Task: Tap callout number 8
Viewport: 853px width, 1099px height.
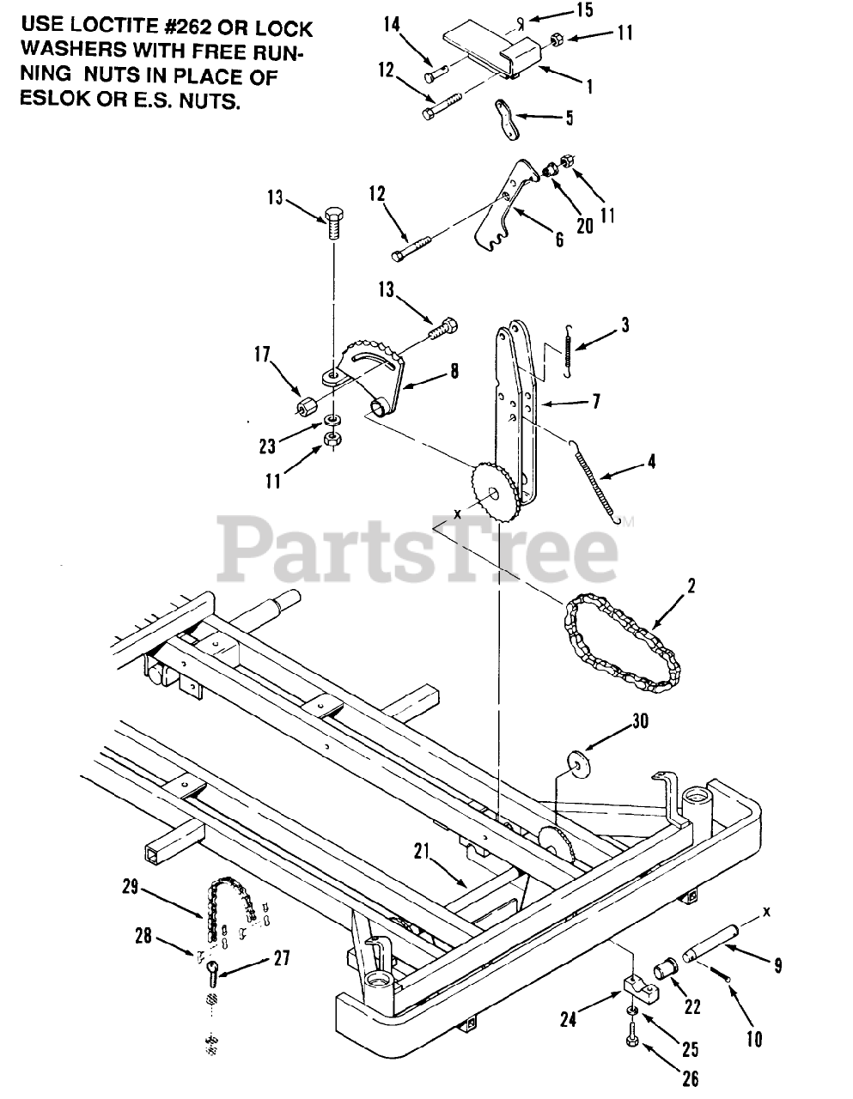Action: point(453,371)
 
